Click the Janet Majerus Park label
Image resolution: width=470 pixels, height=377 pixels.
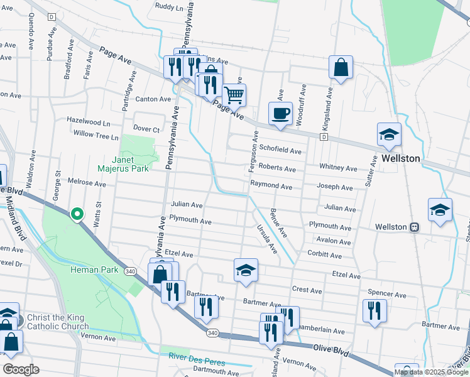coord(123,164)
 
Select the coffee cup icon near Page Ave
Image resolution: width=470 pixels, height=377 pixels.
coord(280,114)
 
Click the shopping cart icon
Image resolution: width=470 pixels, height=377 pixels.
coord(234,96)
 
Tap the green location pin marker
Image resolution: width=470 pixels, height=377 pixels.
coord(77,214)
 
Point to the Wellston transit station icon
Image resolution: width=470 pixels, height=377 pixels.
coord(415,227)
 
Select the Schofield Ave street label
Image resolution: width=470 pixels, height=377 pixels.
coord(280,151)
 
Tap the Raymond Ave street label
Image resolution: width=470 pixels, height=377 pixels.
coord(271,187)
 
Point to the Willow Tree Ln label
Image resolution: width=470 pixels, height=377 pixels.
coord(96,134)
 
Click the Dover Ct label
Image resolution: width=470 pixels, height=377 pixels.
coord(146,129)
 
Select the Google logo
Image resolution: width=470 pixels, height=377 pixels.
coord(21,369)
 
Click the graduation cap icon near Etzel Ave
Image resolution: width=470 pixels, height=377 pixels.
coord(246,270)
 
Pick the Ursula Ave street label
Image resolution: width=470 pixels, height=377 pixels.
coord(266,239)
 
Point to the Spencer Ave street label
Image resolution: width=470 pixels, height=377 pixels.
coord(387,294)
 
